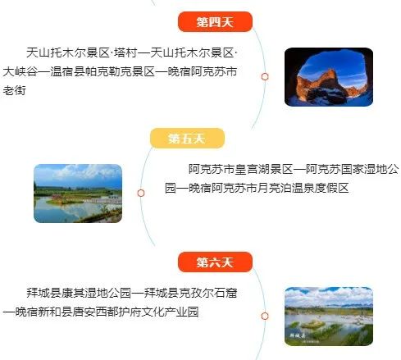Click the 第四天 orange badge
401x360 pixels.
tap(215, 21)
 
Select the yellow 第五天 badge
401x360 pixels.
tap(187, 139)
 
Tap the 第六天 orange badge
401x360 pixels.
tap(215, 262)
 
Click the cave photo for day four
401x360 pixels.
tap(329, 77)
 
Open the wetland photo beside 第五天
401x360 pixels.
tap(78, 194)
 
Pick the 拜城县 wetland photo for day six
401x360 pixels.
tap(329, 317)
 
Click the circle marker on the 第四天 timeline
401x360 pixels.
tap(265, 77)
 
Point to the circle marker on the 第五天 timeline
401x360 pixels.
tap(141, 194)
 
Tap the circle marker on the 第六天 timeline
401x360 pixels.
tap(265, 317)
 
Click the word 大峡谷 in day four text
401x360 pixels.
tap(21, 71)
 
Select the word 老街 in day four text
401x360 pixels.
tap(15, 90)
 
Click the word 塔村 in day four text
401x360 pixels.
tap(125, 52)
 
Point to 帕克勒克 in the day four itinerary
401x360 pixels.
tap(109, 71)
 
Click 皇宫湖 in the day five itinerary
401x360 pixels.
tap(253, 170)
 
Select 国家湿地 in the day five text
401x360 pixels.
tap(364, 170)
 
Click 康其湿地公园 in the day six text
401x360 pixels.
tap(97, 293)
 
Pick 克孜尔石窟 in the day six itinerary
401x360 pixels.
tap(207, 293)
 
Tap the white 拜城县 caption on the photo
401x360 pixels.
tap(298, 335)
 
